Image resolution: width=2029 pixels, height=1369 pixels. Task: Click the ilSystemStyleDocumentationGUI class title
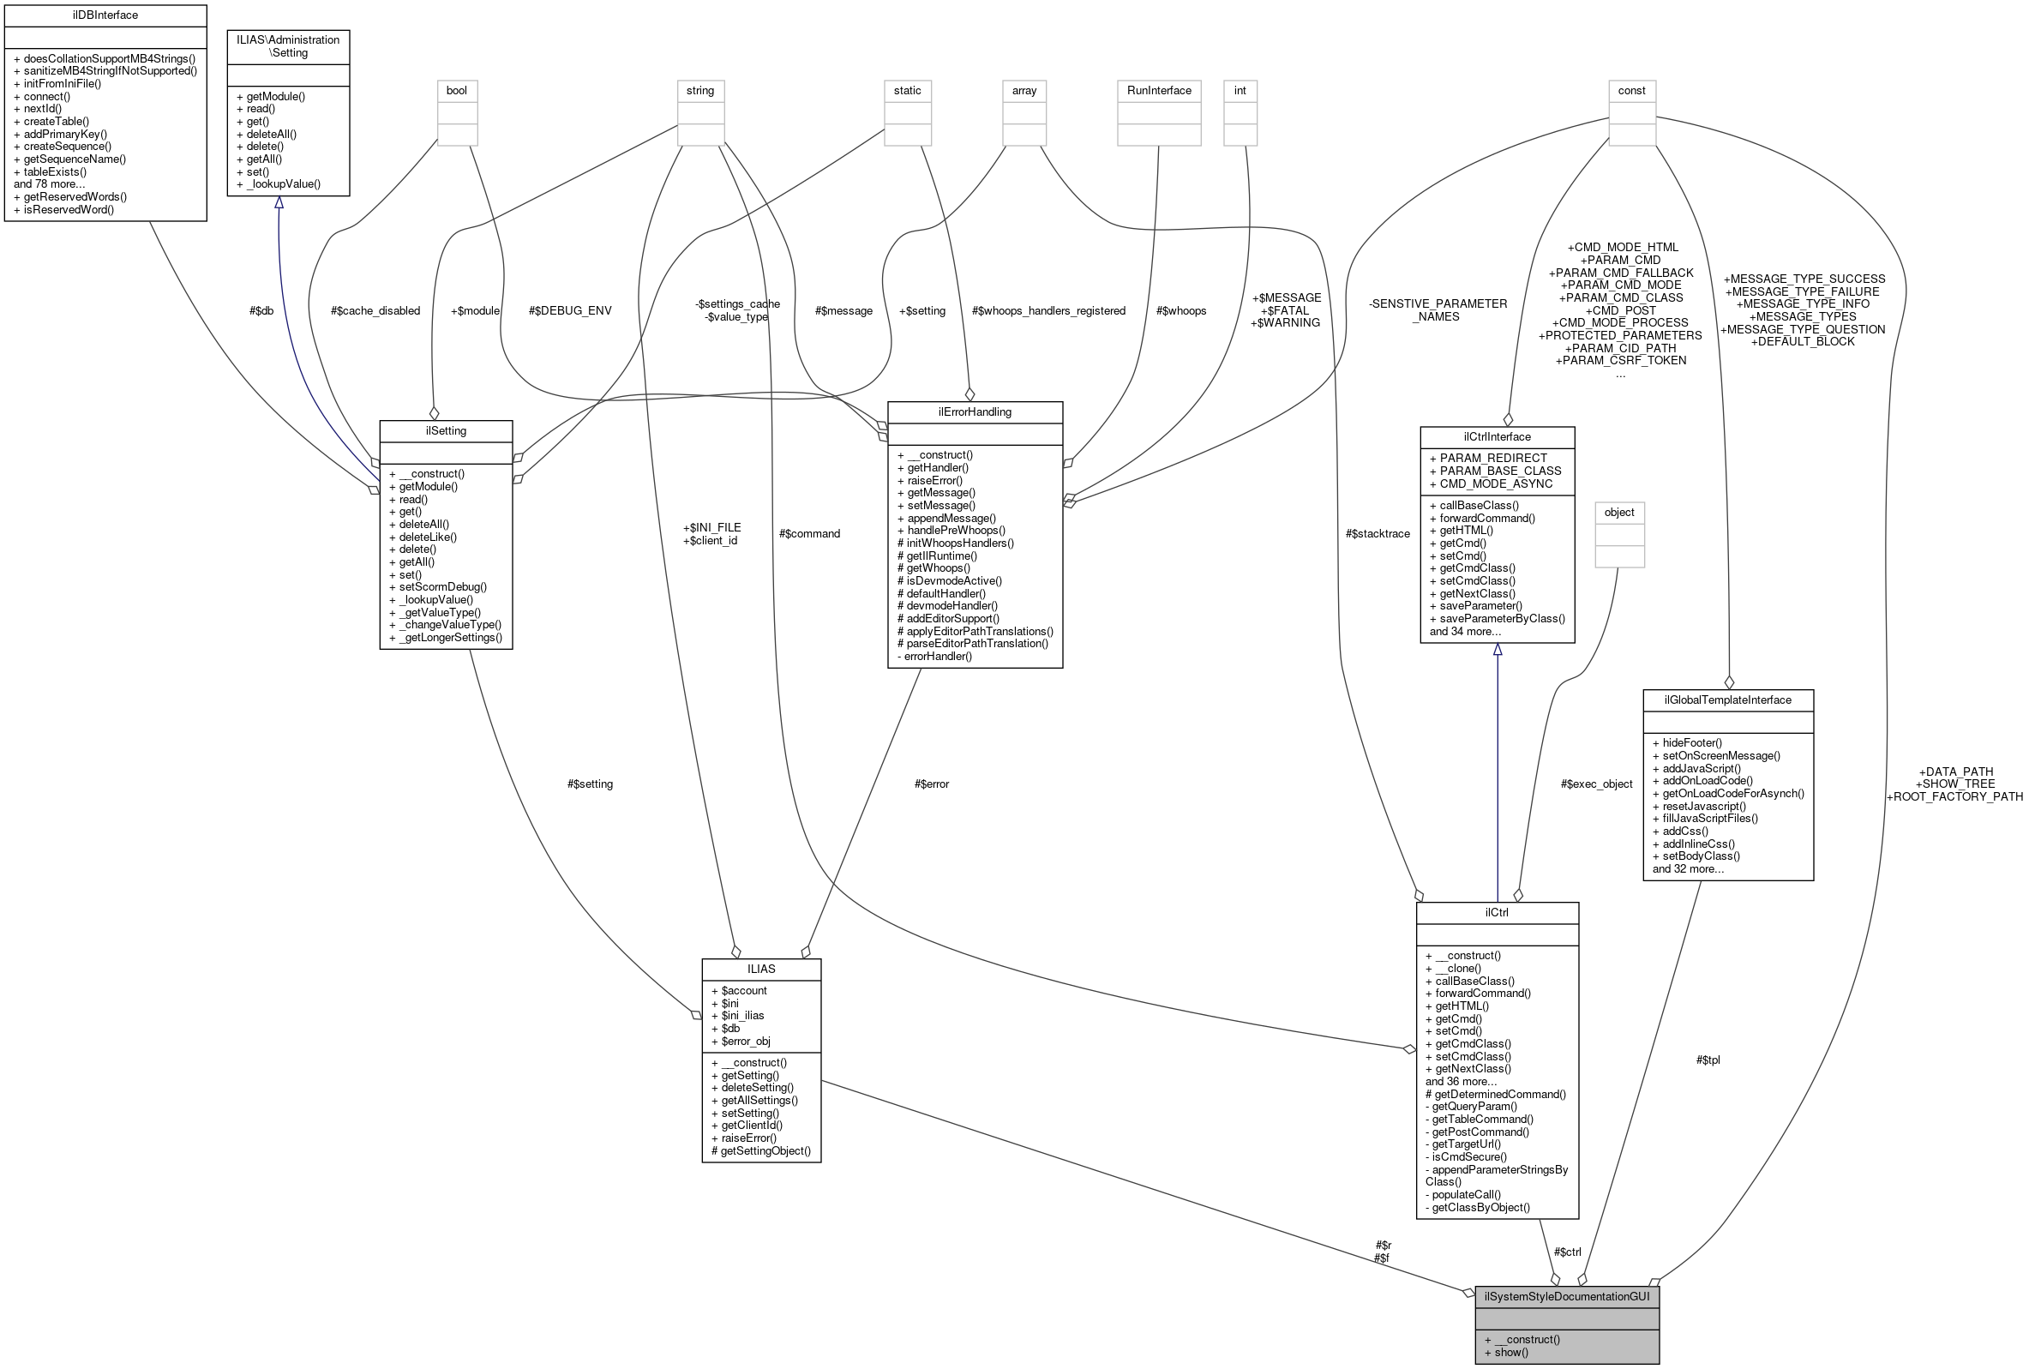(1566, 1296)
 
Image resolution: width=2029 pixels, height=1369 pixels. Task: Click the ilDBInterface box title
(105, 15)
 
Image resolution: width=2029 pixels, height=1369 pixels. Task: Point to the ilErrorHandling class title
(975, 412)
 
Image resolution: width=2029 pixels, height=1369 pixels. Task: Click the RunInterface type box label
(1159, 91)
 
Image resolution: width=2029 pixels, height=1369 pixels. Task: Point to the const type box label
(1631, 91)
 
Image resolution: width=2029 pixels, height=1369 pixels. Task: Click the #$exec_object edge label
(1596, 784)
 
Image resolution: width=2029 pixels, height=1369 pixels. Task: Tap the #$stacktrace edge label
(1378, 533)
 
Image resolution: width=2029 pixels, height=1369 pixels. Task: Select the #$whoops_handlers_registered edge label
(1048, 311)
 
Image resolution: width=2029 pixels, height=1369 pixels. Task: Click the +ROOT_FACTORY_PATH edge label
(1954, 796)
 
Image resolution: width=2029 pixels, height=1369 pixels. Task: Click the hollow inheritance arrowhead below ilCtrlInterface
(1498, 650)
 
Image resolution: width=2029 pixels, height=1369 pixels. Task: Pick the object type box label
(1618, 513)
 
